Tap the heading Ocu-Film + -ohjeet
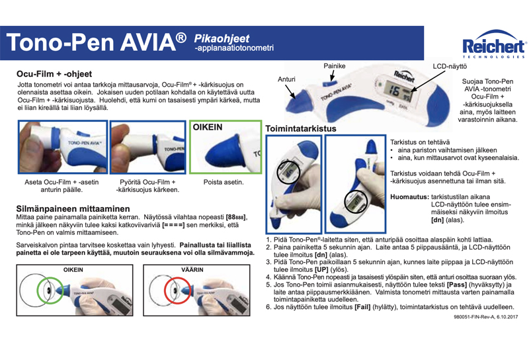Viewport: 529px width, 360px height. tap(54, 73)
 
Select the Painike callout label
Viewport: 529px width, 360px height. tap(335, 67)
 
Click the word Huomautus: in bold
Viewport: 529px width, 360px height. tap(410, 197)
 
